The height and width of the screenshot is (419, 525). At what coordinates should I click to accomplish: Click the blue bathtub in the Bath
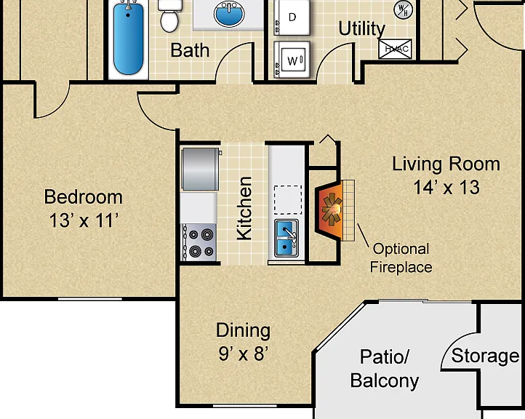click(x=129, y=38)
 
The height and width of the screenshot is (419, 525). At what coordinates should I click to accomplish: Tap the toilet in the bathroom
click(x=169, y=16)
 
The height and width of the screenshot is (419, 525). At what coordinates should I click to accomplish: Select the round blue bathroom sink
click(x=229, y=14)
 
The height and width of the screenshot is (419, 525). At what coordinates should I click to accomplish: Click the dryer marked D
click(x=292, y=17)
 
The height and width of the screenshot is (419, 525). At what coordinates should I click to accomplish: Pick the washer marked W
click(x=292, y=60)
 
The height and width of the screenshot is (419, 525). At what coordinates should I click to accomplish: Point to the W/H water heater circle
click(x=403, y=9)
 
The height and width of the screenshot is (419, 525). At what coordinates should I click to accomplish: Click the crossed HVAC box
click(x=395, y=49)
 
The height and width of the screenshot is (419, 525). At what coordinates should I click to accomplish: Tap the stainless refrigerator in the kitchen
click(x=201, y=169)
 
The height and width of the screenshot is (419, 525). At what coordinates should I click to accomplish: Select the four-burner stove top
click(x=199, y=242)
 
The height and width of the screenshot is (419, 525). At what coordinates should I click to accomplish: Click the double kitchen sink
click(x=286, y=238)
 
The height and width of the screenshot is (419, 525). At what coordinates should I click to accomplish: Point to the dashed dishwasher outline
click(x=288, y=200)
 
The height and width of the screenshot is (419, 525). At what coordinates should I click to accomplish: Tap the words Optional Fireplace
click(x=401, y=258)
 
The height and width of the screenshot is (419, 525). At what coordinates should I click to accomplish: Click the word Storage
click(x=485, y=356)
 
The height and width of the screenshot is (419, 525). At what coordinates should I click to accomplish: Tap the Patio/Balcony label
click(x=385, y=369)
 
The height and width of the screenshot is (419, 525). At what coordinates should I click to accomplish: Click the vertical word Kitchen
click(x=244, y=208)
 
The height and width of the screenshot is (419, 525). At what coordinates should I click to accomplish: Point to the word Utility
click(x=362, y=28)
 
